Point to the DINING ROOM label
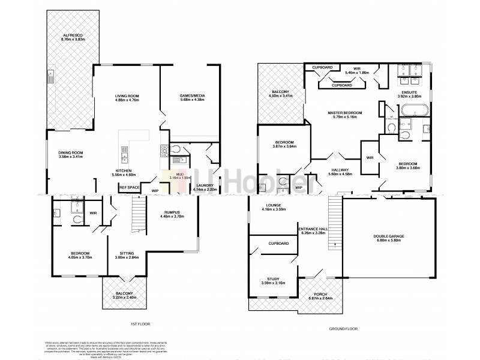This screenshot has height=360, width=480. click(70, 153)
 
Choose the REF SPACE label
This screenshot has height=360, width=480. click(129, 187)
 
